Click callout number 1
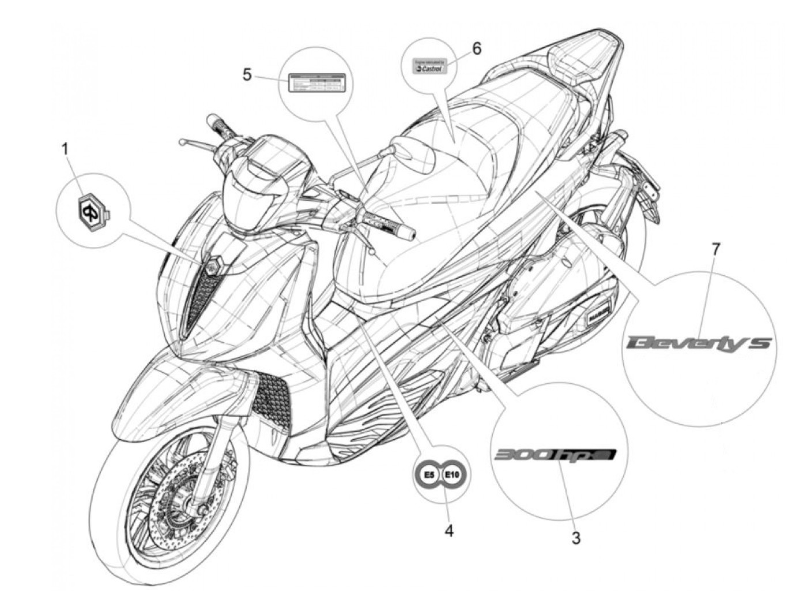pos(65,150)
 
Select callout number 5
pos(247,74)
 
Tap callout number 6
pos(476,48)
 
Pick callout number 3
pos(576,539)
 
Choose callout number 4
pos(448,530)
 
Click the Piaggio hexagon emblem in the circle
pos(90,211)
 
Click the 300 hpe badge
pos(555,455)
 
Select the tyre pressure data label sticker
pos(316,83)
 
